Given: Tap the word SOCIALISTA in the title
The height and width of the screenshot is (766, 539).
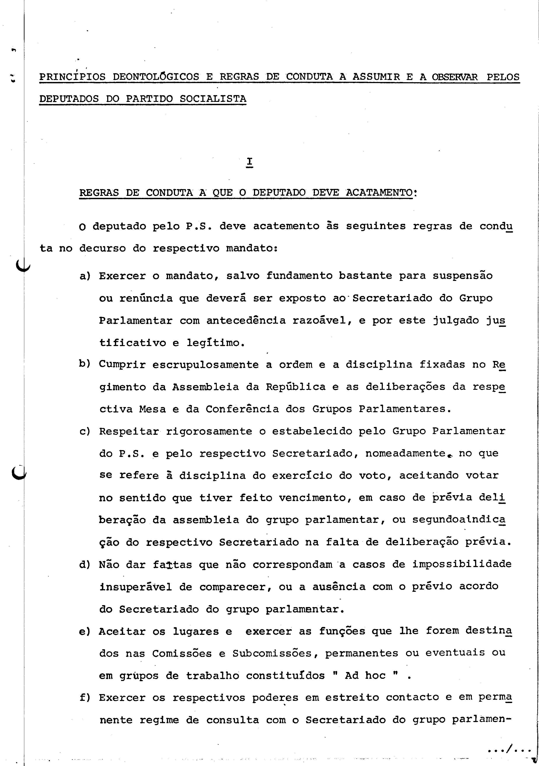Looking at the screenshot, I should pos(213,99).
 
